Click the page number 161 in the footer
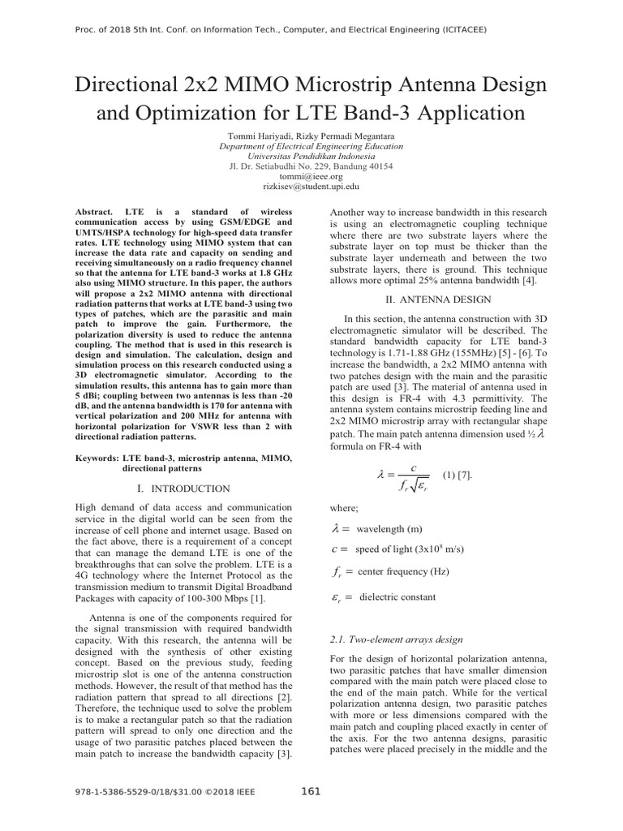(311, 791)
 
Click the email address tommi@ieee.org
(311, 175)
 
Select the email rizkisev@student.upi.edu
(311, 186)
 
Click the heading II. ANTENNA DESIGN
(439, 299)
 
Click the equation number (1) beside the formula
(450, 474)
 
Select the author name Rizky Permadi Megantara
(350, 135)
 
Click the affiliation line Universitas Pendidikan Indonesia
(311, 156)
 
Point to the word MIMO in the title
(272, 84)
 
